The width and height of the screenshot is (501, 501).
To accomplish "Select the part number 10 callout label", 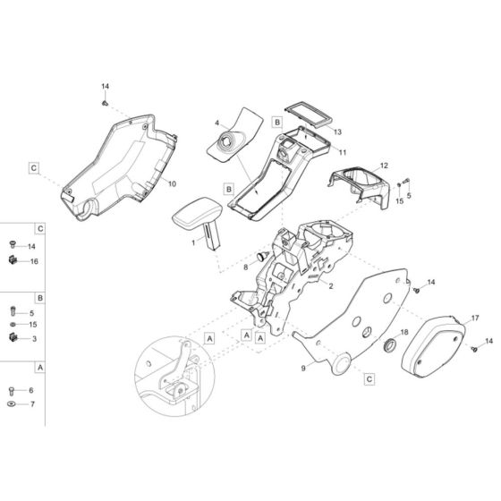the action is click(172, 184).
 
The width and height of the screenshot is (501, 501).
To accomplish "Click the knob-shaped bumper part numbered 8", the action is click(263, 256).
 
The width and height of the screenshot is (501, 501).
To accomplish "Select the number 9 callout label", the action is click(303, 368).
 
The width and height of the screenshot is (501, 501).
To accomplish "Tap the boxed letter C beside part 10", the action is click(34, 168).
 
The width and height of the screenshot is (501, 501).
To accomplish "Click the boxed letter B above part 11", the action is click(277, 122).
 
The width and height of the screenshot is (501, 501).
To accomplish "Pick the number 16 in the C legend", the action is click(34, 261).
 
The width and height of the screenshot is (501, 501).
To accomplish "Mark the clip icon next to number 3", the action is click(13, 337).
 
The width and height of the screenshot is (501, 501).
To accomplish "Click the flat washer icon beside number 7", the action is click(12, 404).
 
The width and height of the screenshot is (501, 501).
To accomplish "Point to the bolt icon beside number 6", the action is click(12, 390).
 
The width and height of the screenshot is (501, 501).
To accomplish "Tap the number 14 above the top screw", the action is click(106, 86).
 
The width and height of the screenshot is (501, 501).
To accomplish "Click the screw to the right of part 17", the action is click(474, 350).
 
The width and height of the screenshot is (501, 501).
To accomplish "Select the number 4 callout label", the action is click(217, 123).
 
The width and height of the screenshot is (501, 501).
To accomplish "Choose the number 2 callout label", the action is click(331, 286).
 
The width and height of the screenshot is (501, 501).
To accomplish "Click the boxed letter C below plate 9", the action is click(369, 379).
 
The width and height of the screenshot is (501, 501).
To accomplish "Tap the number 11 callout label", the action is click(343, 152).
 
